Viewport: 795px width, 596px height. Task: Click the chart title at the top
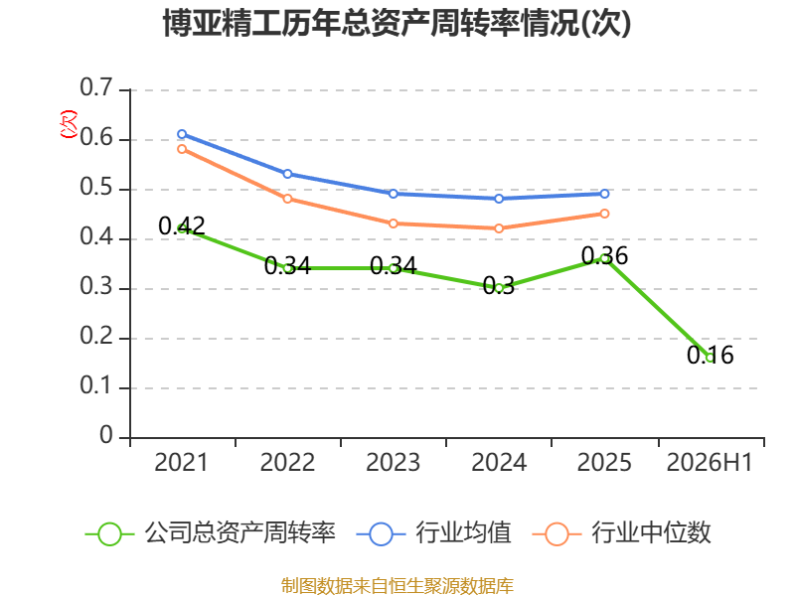click(397, 23)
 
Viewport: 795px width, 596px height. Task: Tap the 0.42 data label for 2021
click(182, 225)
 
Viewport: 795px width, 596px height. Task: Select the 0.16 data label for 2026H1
click(710, 355)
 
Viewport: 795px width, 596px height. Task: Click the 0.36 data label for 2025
click(604, 255)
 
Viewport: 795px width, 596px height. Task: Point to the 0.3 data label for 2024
click(499, 285)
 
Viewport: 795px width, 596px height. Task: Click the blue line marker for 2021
click(182, 134)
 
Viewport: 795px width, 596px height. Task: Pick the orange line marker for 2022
click(287, 199)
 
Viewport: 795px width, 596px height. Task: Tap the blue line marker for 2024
click(499, 199)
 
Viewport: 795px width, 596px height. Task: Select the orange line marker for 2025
click(604, 214)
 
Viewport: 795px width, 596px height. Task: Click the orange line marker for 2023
click(394, 223)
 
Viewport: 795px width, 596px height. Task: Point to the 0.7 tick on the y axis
click(95, 87)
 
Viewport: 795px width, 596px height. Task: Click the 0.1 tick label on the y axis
click(95, 385)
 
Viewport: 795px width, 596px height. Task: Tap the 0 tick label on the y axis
click(106, 435)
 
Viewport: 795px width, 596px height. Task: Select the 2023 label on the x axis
click(393, 463)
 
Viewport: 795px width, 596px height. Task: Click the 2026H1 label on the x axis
click(710, 463)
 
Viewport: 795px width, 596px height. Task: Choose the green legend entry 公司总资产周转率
click(211, 533)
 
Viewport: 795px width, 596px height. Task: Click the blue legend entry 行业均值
click(434, 533)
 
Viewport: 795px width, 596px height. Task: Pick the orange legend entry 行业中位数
click(622, 533)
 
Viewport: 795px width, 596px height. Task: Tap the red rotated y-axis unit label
click(69, 124)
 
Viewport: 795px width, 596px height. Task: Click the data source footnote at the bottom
click(397, 586)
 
